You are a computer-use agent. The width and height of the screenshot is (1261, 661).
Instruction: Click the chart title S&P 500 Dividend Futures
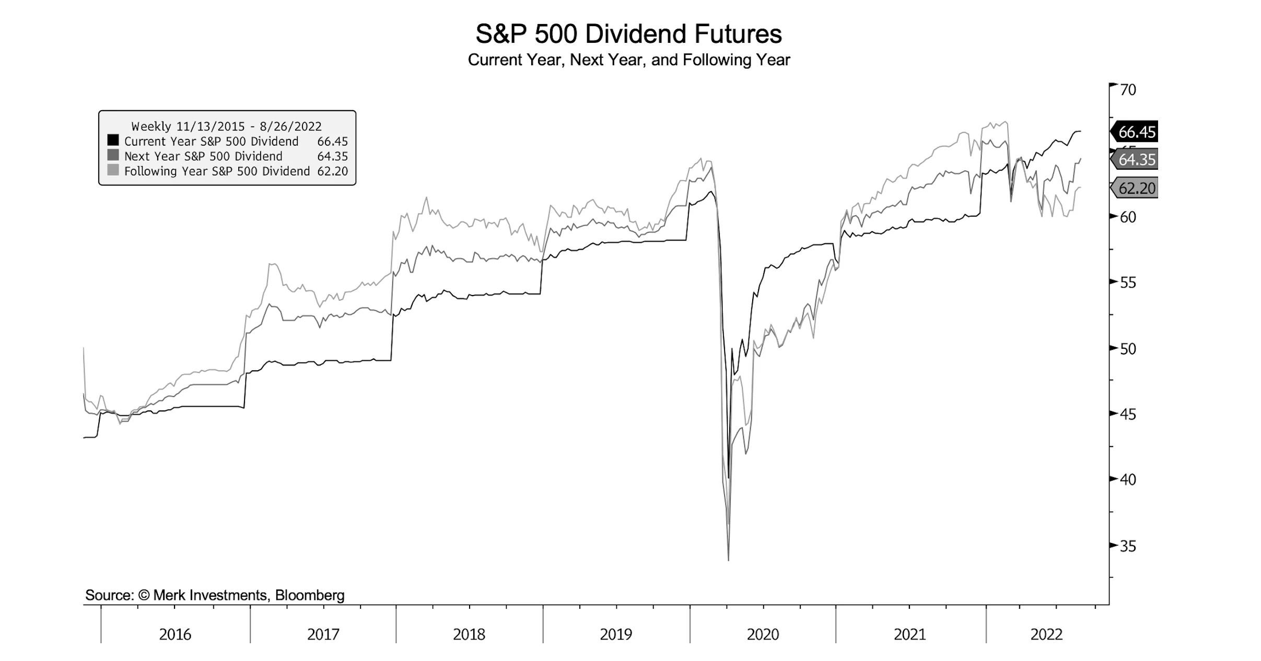pyautogui.click(x=628, y=34)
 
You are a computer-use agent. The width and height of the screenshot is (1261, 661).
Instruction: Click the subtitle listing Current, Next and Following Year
pyautogui.click(x=628, y=60)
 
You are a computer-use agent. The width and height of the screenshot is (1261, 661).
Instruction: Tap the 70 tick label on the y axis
pyautogui.click(x=1128, y=90)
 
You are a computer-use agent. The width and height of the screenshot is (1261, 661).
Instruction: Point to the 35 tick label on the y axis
pyautogui.click(x=1128, y=546)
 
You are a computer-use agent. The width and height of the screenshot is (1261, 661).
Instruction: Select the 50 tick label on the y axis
pyautogui.click(x=1128, y=349)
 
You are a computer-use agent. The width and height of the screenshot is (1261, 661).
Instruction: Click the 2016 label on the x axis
pyautogui.click(x=175, y=634)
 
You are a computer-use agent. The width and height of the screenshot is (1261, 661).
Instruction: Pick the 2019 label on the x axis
pyautogui.click(x=616, y=634)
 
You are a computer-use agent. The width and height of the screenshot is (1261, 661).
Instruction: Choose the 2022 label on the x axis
pyautogui.click(x=1046, y=634)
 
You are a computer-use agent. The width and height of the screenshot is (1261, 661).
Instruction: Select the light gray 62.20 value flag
pyautogui.click(x=1136, y=188)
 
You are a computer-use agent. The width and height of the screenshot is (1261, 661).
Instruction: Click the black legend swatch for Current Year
pyautogui.click(x=113, y=140)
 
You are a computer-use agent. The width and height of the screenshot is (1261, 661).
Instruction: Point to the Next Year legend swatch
pyautogui.click(x=113, y=155)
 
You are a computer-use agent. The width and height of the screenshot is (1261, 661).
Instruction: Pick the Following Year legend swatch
pyautogui.click(x=113, y=170)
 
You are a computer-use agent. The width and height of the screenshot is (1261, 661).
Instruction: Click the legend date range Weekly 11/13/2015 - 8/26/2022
pyautogui.click(x=226, y=126)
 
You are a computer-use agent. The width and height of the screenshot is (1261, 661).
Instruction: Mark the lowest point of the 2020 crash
pyautogui.click(x=728, y=560)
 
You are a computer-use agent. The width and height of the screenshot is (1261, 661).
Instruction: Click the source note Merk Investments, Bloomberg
pyautogui.click(x=215, y=595)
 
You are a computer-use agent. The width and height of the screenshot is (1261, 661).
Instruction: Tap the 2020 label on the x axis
pyautogui.click(x=763, y=634)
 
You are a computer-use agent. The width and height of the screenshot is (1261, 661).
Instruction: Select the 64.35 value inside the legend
pyautogui.click(x=332, y=156)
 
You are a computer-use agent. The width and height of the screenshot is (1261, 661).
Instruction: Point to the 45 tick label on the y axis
pyautogui.click(x=1128, y=415)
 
